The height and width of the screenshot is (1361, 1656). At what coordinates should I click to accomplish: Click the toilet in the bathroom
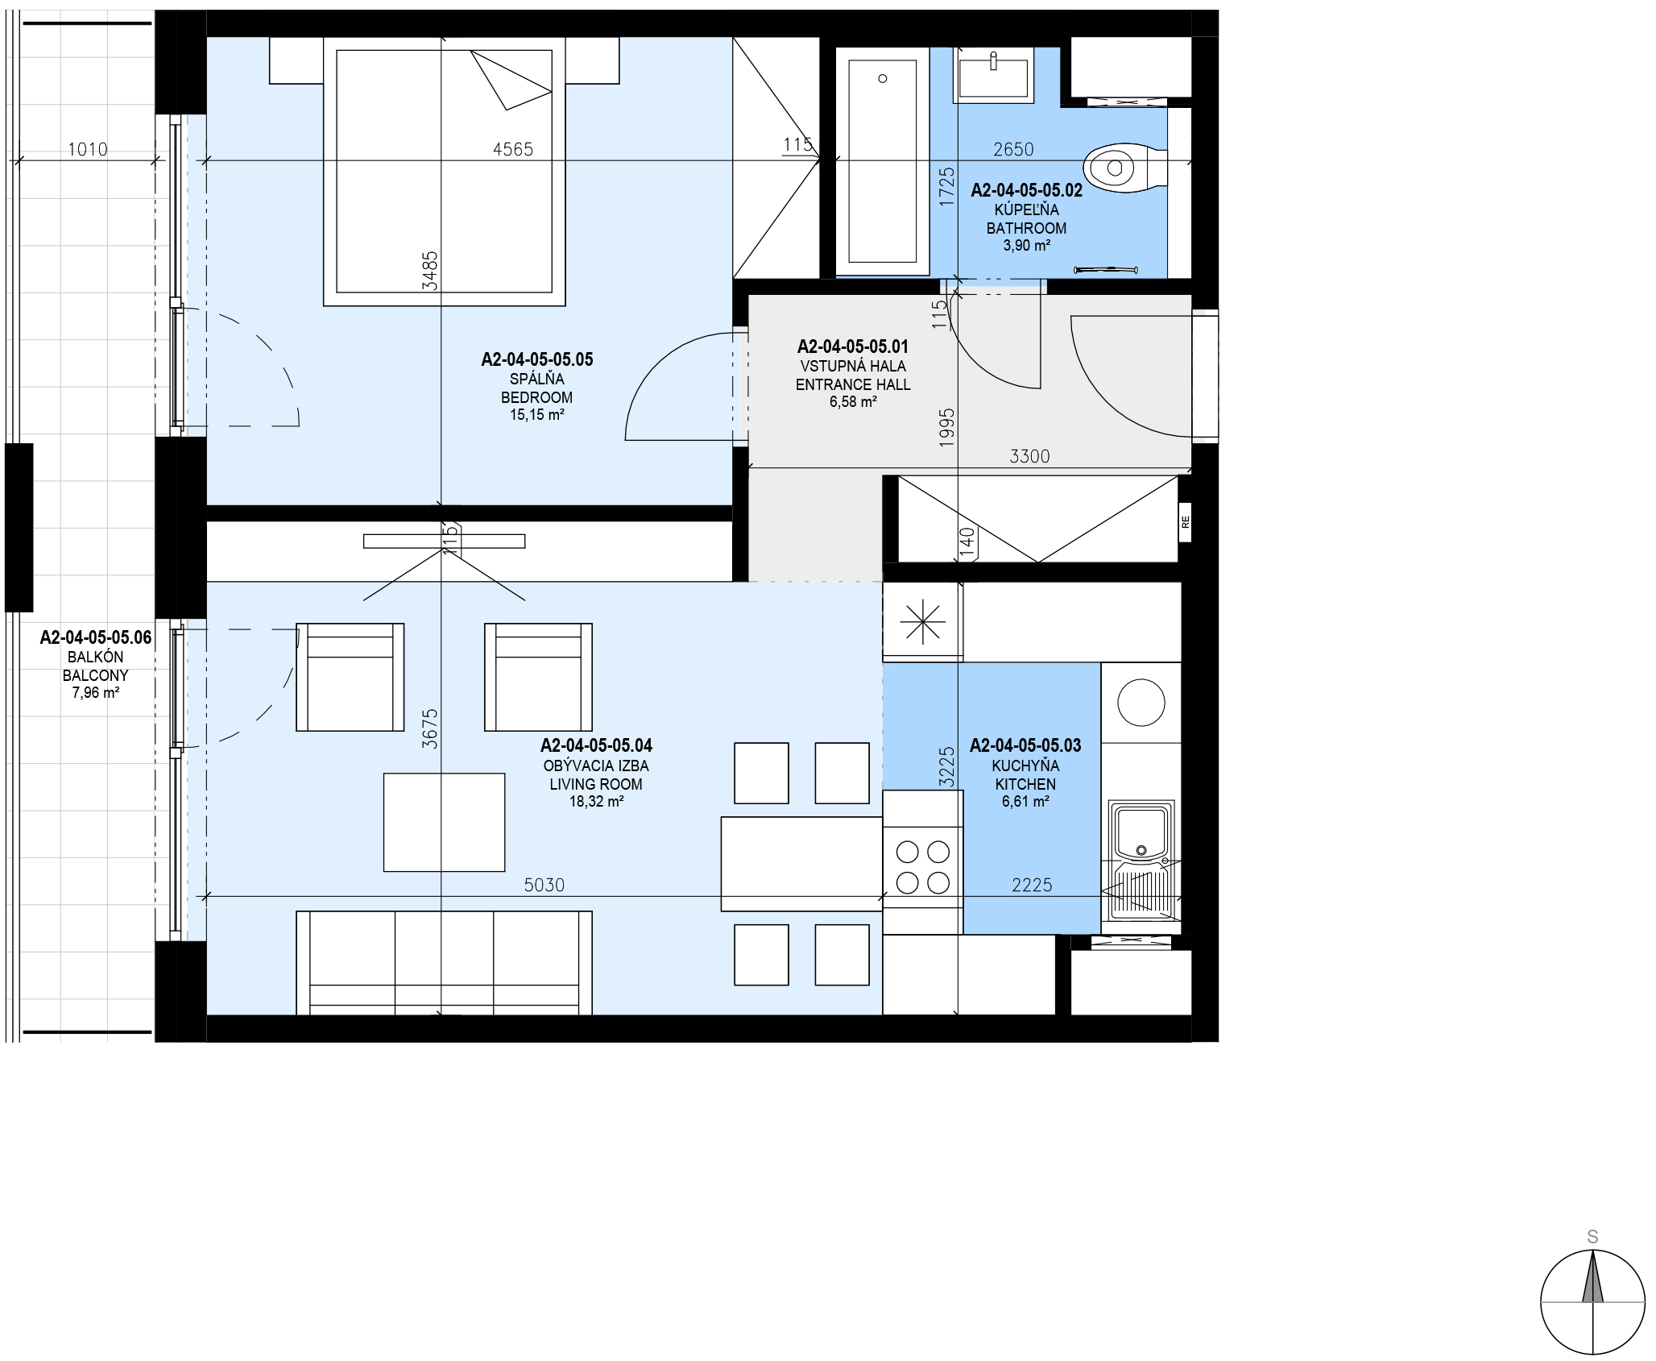click(x=1124, y=168)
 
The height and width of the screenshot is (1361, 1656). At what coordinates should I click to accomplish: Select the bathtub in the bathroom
click(x=883, y=162)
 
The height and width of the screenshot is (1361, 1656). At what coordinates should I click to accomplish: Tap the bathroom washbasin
click(x=993, y=75)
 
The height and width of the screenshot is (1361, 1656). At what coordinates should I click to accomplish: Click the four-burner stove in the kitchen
click(x=923, y=862)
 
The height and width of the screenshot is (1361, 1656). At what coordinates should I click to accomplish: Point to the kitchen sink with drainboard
click(x=1142, y=861)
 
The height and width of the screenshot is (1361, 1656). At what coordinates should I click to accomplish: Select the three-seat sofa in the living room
click(x=444, y=963)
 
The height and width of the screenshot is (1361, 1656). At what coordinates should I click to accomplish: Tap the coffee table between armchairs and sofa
click(x=444, y=822)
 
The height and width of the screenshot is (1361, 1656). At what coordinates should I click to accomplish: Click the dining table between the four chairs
click(x=801, y=864)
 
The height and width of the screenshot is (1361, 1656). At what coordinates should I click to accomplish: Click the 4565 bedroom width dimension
click(x=513, y=149)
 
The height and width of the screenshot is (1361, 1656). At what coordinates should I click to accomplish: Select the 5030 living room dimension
click(x=544, y=885)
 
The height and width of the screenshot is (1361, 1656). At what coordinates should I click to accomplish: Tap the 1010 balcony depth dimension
click(x=88, y=149)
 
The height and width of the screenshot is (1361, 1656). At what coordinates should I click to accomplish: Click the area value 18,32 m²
click(x=596, y=802)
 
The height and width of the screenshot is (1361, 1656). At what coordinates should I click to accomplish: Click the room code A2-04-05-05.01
click(x=853, y=346)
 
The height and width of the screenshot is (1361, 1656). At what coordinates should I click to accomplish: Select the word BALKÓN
click(x=96, y=657)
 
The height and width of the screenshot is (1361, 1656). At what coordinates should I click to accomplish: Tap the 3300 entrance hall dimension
click(x=1029, y=456)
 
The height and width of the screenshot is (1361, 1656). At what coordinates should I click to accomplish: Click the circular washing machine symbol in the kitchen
click(x=1141, y=703)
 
